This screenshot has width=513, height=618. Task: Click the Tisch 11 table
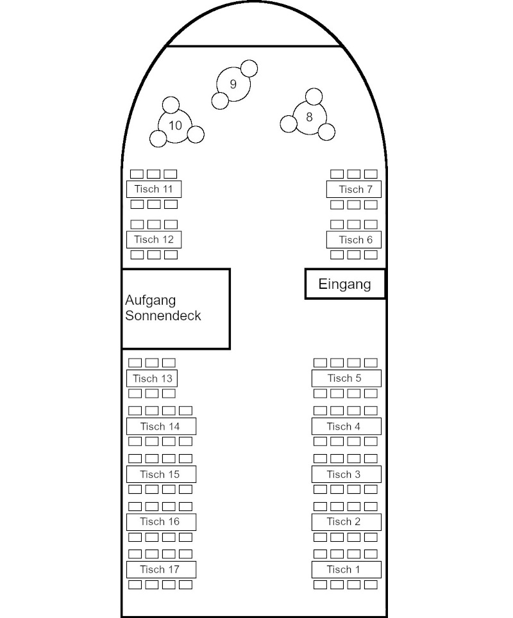coord(154,189)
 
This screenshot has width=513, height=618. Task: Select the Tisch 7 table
coord(354,189)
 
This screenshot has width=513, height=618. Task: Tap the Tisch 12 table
coord(154,240)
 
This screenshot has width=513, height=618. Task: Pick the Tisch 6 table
coord(354,240)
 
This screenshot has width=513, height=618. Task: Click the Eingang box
coord(345,284)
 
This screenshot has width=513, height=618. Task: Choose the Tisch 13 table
coord(152,378)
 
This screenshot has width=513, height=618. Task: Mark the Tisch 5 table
coord(346,378)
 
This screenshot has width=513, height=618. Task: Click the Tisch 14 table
coord(161,426)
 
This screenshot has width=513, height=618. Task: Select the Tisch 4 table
coord(346,426)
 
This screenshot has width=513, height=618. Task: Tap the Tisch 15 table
coord(161,474)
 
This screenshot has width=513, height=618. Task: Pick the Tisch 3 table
coord(346,474)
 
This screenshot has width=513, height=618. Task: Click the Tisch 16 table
coord(161,521)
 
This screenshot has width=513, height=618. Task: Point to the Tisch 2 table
coord(346,521)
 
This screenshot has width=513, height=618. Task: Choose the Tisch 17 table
coord(161,569)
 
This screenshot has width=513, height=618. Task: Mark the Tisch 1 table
coord(346,569)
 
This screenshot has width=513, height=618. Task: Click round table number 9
coord(233,84)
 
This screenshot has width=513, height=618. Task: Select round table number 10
coord(175,125)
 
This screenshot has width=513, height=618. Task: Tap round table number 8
coord(309,117)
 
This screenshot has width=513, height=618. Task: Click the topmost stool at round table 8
coord(314,97)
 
